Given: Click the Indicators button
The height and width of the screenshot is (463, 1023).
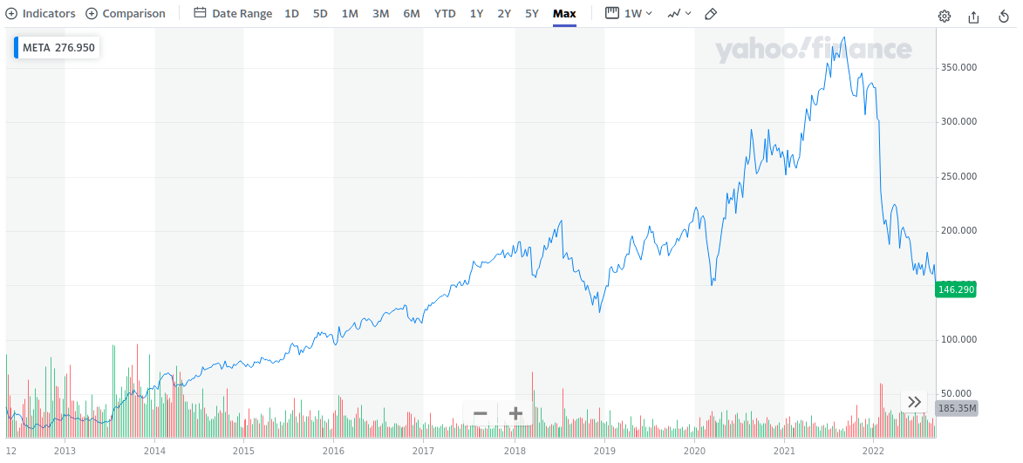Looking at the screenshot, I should point(41,14).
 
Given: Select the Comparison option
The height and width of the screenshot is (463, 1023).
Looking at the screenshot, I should point(126,14).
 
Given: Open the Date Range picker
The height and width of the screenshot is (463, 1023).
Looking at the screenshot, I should point(233,14).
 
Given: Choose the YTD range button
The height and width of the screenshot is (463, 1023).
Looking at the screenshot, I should point(445,14).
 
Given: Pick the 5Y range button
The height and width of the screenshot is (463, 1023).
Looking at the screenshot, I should point(532,14).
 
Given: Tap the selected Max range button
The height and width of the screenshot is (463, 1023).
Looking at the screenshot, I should point(564,14).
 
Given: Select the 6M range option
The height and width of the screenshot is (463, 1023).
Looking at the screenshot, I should point(412,14).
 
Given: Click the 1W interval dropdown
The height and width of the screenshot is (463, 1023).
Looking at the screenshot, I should point(629,14).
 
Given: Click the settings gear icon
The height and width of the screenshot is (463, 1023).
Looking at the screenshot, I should point(945,16).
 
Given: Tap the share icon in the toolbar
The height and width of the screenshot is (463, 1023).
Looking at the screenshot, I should point(974,16).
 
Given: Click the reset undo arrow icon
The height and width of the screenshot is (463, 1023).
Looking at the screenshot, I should point(1004,16).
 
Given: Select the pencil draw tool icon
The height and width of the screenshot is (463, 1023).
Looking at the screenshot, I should point(711,14).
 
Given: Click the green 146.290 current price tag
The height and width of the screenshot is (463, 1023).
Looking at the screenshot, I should point(956,289).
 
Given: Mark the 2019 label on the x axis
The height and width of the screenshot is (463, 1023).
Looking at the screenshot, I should point(604,451).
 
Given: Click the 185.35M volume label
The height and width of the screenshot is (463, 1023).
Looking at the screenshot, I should point(956,407).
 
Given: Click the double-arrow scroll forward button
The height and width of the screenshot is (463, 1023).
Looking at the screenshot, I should point(914,402).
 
